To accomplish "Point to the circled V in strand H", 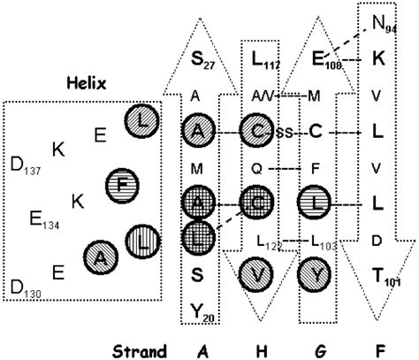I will (x=257, y=274).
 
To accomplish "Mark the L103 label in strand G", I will (x=320, y=241).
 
